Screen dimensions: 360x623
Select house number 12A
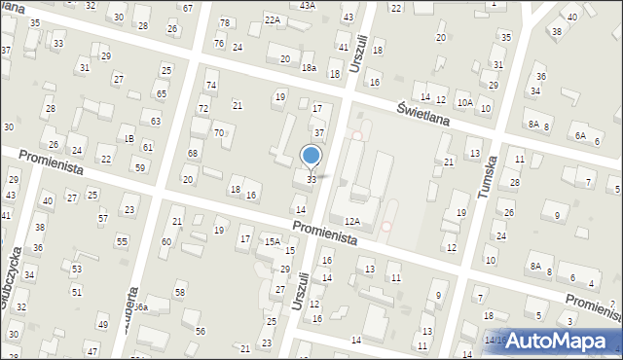(x=352, y=223)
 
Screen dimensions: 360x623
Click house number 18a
(x=309, y=67)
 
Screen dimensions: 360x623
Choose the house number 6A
(x=580, y=136)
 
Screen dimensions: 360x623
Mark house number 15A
(x=273, y=241)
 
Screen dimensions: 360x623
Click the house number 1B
(x=128, y=139)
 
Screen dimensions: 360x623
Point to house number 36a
(x=140, y=307)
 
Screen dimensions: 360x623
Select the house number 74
(x=211, y=87)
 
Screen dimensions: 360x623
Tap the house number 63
(x=156, y=122)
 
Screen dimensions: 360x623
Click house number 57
(x=102, y=218)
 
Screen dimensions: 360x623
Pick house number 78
(x=225, y=23)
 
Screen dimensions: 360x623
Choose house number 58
(x=180, y=293)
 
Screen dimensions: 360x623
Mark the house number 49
(x=102, y=325)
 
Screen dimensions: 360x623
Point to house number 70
(x=219, y=132)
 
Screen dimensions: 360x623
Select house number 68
(x=193, y=154)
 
